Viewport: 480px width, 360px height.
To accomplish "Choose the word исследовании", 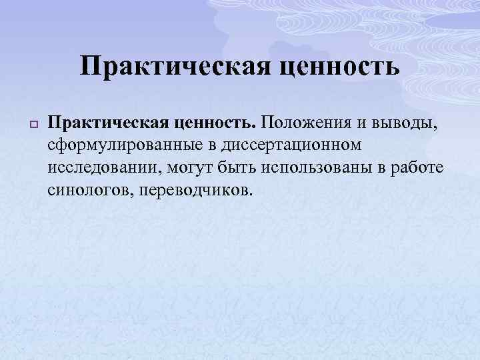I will click(x=103, y=167).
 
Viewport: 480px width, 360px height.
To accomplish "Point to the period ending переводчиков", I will click(x=251, y=193).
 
